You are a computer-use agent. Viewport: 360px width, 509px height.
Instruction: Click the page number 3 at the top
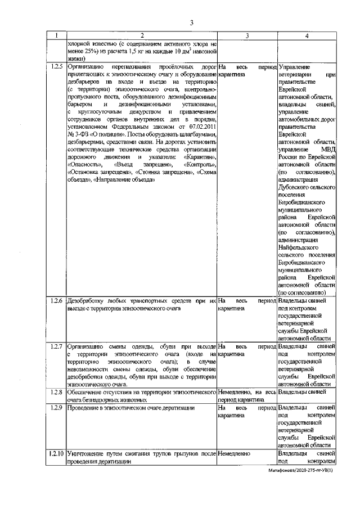[191, 22]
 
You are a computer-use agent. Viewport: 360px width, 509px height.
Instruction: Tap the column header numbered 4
[306, 36]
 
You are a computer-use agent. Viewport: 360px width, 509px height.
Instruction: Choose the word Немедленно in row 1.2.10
[236, 452]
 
